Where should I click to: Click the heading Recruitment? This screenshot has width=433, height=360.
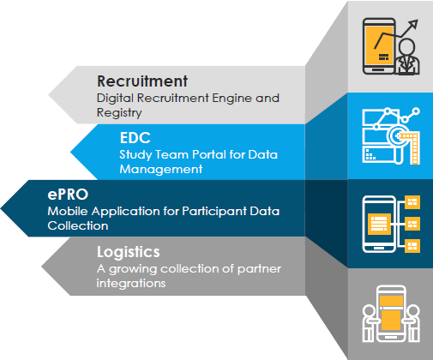(x=142, y=81)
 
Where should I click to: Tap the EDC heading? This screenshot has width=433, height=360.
(x=135, y=138)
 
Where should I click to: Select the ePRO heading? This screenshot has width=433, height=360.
(x=68, y=195)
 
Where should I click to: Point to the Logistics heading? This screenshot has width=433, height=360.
(x=129, y=252)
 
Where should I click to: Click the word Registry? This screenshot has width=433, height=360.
(x=119, y=112)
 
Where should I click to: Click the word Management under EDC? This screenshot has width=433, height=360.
(x=161, y=169)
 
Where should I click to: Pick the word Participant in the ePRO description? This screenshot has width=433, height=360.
(x=214, y=212)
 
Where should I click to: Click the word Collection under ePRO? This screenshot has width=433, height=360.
(x=78, y=225)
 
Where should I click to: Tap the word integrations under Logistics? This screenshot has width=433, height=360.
(x=131, y=284)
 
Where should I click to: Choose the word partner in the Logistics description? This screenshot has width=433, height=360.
(x=259, y=269)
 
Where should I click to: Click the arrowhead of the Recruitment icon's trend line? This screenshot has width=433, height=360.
(x=413, y=24)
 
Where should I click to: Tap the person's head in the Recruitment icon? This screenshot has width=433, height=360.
(x=406, y=46)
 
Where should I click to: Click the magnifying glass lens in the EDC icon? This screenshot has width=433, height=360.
(x=397, y=136)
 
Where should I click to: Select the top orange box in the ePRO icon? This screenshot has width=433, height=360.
(x=412, y=202)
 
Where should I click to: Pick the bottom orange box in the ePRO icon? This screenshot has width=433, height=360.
(x=412, y=246)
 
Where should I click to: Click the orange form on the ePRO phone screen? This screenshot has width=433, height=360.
(x=379, y=224)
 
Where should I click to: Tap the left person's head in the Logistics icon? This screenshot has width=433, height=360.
(x=369, y=312)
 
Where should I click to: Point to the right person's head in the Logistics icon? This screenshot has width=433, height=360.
(x=413, y=312)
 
